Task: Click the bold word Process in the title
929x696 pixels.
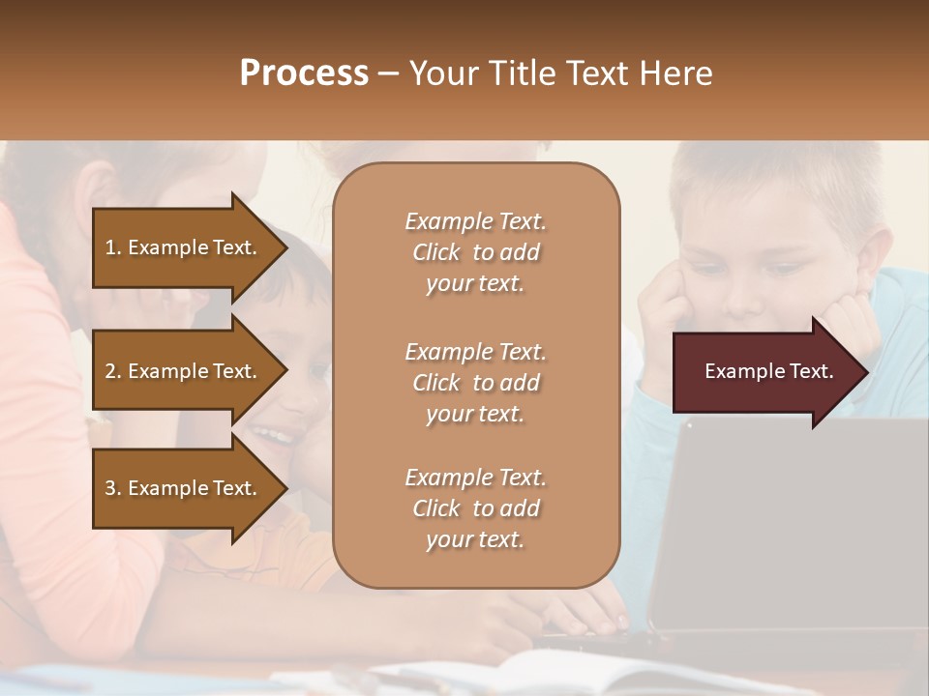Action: (x=304, y=73)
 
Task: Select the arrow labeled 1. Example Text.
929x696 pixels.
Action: (x=184, y=247)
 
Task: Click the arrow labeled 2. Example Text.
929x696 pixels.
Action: (x=184, y=371)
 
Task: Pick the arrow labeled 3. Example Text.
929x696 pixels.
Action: (x=184, y=488)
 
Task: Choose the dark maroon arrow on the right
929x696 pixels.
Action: (x=764, y=372)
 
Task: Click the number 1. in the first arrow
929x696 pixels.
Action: (x=113, y=247)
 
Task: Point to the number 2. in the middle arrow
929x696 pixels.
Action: (x=113, y=371)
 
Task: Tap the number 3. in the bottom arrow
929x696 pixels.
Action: (x=113, y=488)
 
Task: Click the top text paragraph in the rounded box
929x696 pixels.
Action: (x=475, y=252)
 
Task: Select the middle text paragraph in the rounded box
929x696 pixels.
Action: (x=475, y=383)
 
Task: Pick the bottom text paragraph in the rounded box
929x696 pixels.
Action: (x=475, y=508)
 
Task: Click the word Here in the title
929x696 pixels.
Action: (x=677, y=73)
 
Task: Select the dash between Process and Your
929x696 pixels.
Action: (x=387, y=74)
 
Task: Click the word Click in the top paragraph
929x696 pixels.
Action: (x=436, y=252)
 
